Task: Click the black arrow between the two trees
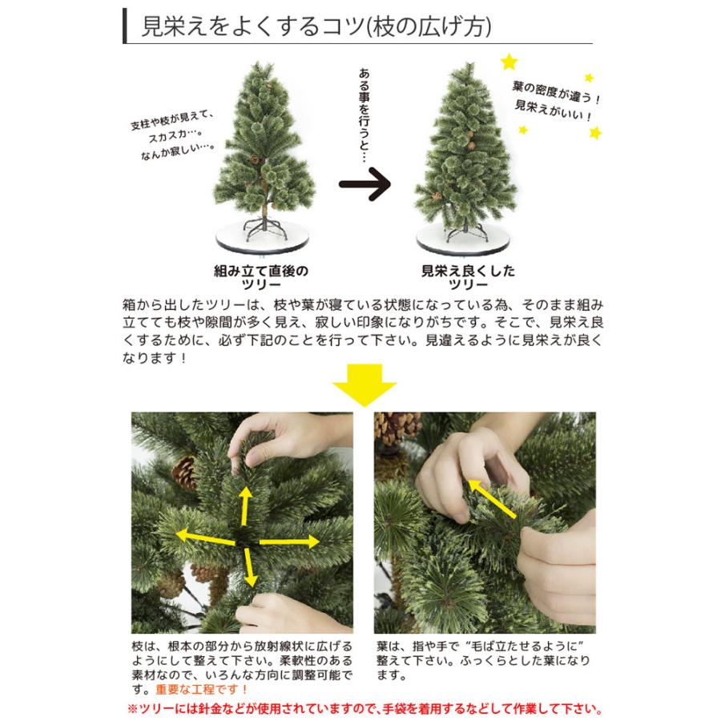click(364, 185)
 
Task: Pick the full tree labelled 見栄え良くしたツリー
click(463, 148)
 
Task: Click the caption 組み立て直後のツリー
click(261, 278)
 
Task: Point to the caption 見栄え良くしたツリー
click(468, 278)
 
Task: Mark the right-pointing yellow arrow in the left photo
click(288, 543)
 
